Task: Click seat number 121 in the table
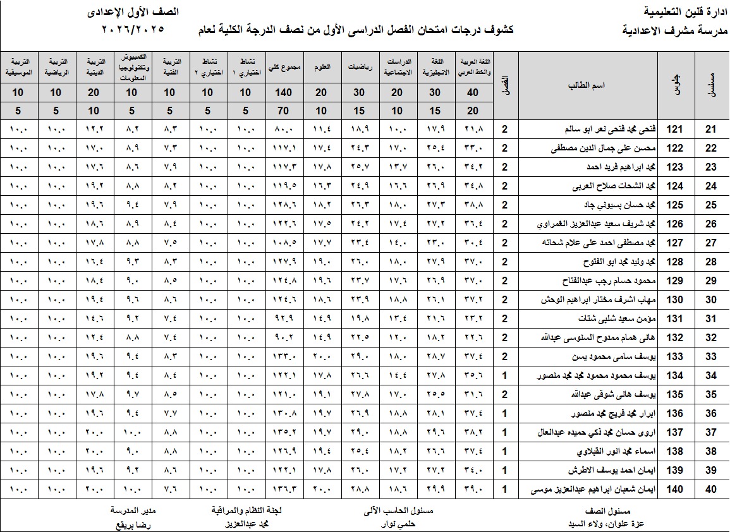[x=676, y=130]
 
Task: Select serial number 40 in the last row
[x=711, y=490]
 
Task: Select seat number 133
[x=676, y=357]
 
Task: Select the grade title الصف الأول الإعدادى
[x=132, y=11]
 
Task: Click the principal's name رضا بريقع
[x=133, y=524]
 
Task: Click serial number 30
[x=711, y=300]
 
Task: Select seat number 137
[x=676, y=433]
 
